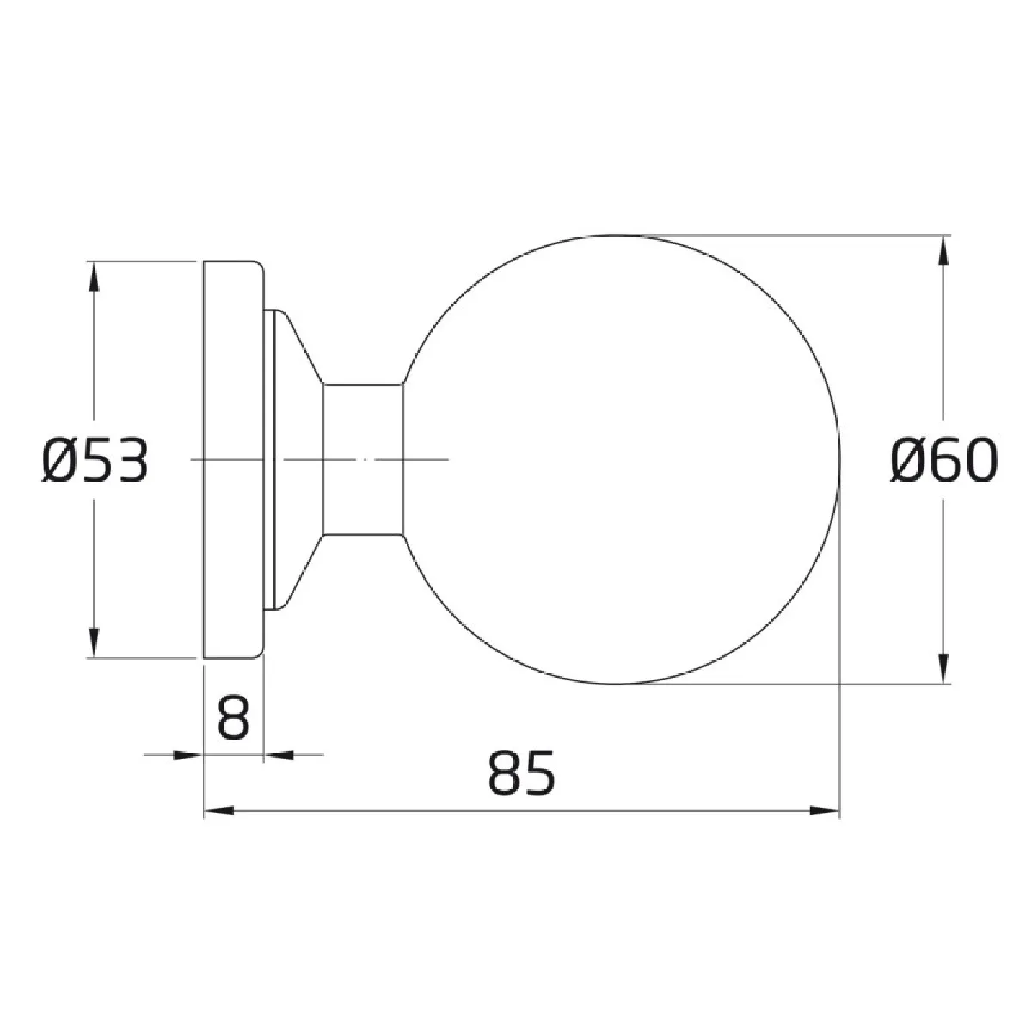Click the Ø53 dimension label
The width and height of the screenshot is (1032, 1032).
pyautogui.click(x=95, y=460)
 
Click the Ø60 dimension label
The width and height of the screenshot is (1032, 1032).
pyautogui.click(x=943, y=459)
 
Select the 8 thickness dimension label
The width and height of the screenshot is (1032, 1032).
pyautogui.click(x=234, y=717)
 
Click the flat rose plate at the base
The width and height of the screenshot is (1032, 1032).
pyautogui.click(x=234, y=459)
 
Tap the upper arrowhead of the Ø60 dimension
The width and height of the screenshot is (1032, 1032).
pyautogui.click(x=943, y=249)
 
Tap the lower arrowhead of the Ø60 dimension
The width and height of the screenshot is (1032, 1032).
pyautogui.click(x=943, y=669)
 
